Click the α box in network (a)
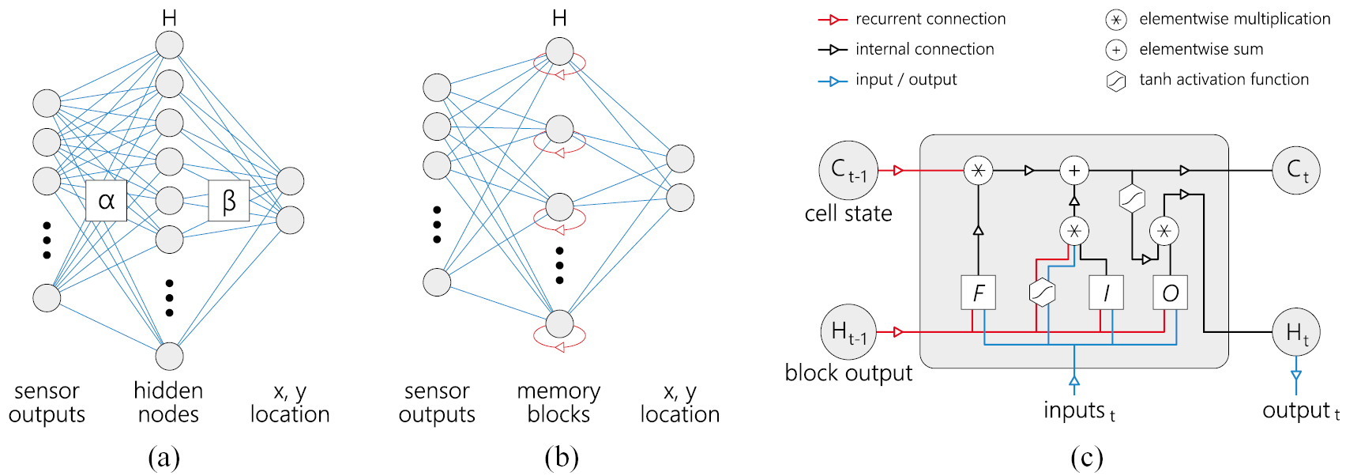106,201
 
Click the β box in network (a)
228,201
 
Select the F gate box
978,293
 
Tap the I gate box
1106,293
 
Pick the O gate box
1170,293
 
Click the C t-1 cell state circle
848,170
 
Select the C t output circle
1296,170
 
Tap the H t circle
1296,332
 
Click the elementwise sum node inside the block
1073,170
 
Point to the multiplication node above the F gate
978,170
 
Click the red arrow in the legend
833,19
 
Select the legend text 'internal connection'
924,49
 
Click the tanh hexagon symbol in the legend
1115,81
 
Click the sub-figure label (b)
561,457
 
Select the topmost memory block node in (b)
559,52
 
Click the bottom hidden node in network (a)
169,356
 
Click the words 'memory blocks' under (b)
558,402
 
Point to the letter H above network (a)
169,17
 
